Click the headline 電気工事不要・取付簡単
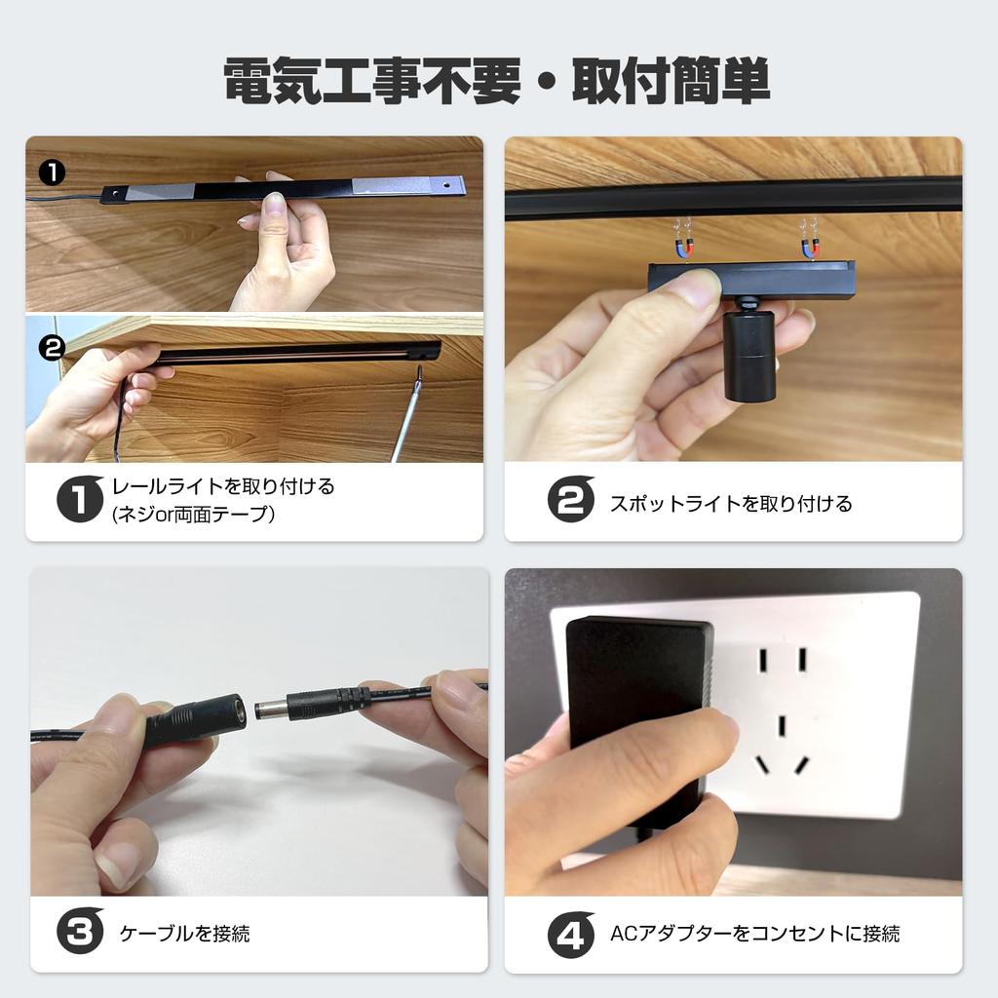point(497,83)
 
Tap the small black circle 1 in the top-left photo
point(52,173)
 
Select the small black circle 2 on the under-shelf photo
point(52,347)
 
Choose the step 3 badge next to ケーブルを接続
point(80,933)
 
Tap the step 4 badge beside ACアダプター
point(570,933)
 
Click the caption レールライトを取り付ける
point(223,486)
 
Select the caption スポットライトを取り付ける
point(730,504)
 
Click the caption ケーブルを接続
point(184,934)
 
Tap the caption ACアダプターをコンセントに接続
point(754,934)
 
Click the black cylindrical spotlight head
point(748,356)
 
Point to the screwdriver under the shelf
point(407,419)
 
